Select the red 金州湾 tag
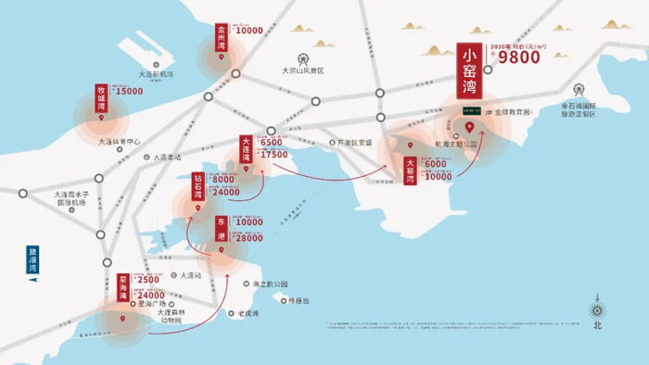[221, 38]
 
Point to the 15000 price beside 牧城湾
[129, 92]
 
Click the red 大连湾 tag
[246, 151]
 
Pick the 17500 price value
[274, 155]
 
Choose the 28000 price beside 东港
[249, 238]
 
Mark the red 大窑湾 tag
[410, 171]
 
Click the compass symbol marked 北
[598, 311]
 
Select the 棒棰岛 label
[296, 301]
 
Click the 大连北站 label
[167, 157]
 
